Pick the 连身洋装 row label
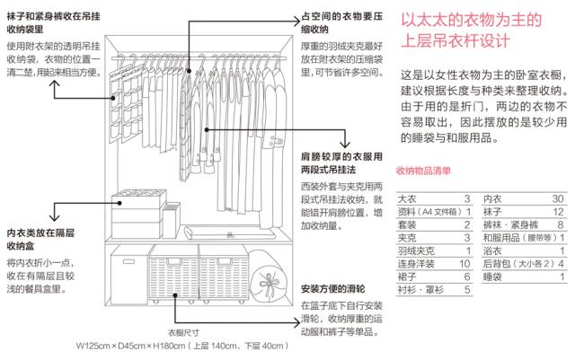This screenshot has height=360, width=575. pos(416,265)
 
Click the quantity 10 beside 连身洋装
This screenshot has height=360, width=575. pos(464,265)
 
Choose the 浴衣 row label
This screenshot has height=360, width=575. pos(491,251)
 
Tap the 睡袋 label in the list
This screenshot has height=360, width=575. pos(491,278)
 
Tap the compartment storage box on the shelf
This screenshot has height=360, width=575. pos(134,216)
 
